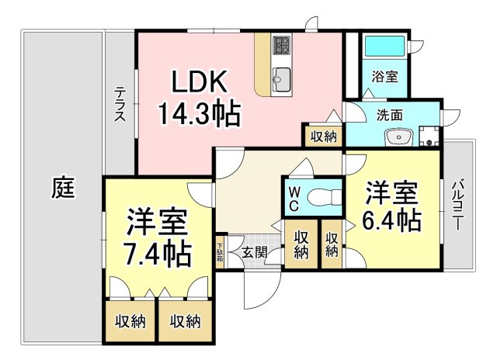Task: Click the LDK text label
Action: pyautogui.click(x=198, y=82)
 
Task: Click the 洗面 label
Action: pyautogui.click(x=389, y=115)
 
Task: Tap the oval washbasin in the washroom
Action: pyautogui.click(x=398, y=138)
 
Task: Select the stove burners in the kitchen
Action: pyautogui.click(x=280, y=46)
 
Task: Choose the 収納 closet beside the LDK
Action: pyautogui.click(x=323, y=137)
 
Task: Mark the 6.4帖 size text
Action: pyautogui.click(x=392, y=221)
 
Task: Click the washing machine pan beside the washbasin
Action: pyautogui.click(x=429, y=138)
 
